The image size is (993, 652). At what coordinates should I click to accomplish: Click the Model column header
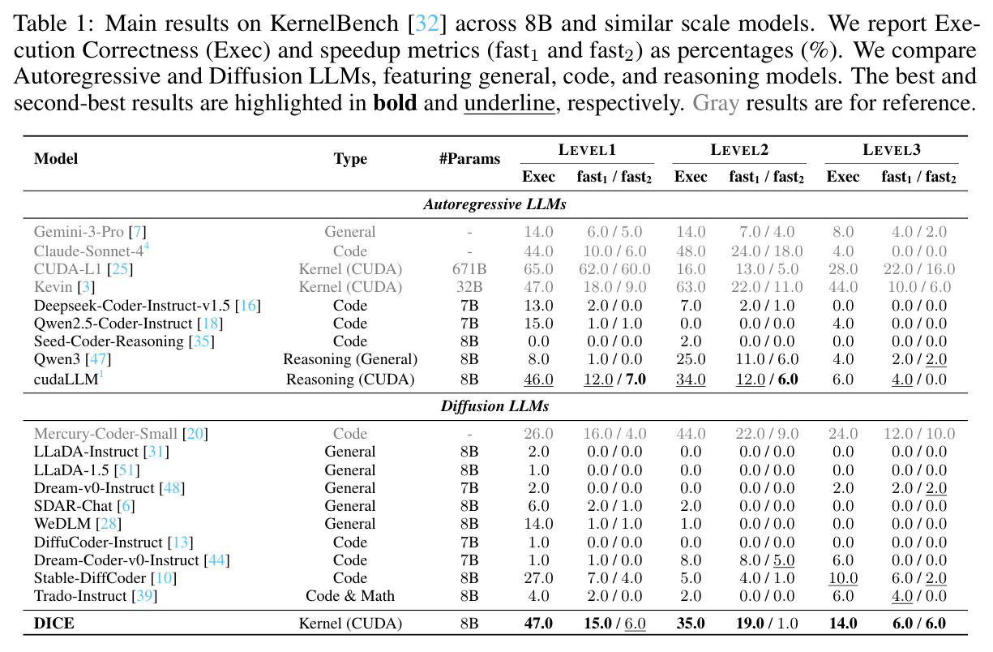(x=56, y=158)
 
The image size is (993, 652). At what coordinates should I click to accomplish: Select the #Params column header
(x=469, y=158)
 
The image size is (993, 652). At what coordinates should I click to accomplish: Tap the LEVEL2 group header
(x=739, y=150)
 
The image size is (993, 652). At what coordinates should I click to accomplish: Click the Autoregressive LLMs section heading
(x=494, y=204)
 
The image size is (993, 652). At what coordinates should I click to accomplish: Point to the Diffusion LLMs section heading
(x=494, y=405)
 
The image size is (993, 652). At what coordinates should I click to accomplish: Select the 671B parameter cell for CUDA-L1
(x=469, y=268)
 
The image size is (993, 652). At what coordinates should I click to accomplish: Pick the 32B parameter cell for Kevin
(x=469, y=287)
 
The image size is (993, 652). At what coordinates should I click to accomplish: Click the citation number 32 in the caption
(x=427, y=24)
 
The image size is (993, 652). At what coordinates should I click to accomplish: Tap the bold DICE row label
(x=54, y=623)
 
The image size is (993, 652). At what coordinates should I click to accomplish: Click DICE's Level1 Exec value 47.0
(x=538, y=623)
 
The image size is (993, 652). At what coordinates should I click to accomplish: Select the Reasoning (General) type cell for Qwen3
(x=350, y=358)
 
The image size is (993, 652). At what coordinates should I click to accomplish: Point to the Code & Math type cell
(x=350, y=596)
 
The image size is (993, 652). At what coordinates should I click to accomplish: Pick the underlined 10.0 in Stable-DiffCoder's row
(x=843, y=578)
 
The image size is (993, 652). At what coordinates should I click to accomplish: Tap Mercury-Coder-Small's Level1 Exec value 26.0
(x=538, y=433)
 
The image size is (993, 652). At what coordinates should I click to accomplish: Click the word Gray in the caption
(x=716, y=103)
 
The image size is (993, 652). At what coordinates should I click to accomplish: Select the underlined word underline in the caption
(x=509, y=103)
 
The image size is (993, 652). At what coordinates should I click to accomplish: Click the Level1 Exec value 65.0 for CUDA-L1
(x=538, y=268)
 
